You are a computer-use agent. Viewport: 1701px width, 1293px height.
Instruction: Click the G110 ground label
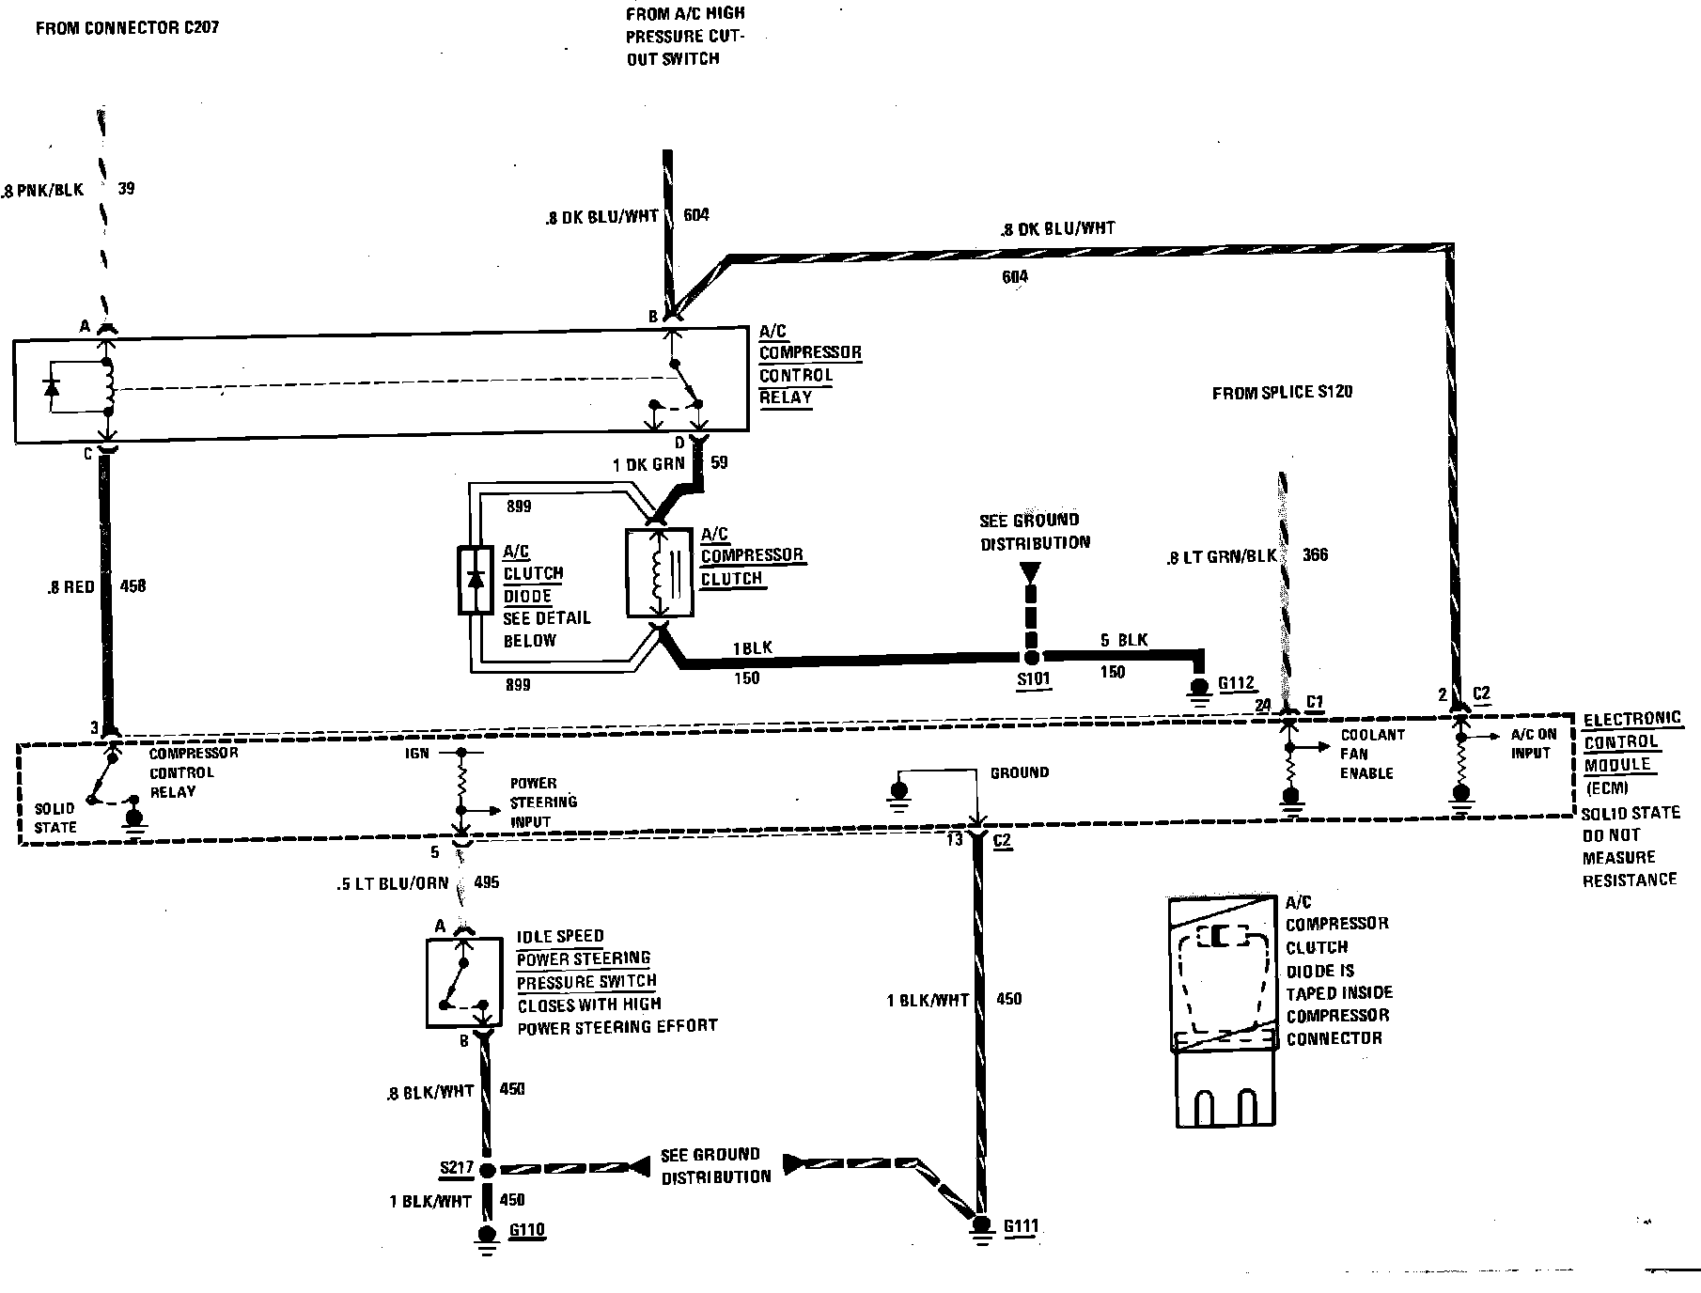pos(527,1230)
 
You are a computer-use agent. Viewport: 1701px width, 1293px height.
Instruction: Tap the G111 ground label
pos(1021,1225)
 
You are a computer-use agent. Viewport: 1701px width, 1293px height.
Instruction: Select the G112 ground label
pos(1237,684)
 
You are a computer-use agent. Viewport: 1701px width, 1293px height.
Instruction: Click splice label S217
pos(457,1168)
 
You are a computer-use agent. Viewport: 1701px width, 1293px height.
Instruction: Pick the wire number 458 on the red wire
pos(133,586)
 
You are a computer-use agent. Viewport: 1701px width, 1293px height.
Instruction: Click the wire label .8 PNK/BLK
pos(43,190)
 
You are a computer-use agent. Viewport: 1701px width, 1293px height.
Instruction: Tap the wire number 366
pos(1315,554)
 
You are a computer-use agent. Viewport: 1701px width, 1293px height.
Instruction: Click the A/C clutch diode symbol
pos(475,579)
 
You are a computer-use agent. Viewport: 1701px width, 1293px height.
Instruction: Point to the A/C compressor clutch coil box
pos(659,573)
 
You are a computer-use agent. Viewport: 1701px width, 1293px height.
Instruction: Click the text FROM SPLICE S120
pos(1282,393)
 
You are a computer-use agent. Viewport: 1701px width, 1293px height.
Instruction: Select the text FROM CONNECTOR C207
pos(127,28)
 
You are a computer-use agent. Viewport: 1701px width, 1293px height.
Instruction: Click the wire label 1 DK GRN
pos(648,463)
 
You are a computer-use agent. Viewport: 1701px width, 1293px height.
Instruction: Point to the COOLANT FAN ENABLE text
pos(1372,754)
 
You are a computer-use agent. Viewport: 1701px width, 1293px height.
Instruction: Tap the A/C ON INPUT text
pos(1533,743)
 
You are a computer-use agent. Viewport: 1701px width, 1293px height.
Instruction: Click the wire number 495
pos(488,883)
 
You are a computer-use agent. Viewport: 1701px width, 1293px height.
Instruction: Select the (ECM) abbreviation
pos(1608,787)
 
